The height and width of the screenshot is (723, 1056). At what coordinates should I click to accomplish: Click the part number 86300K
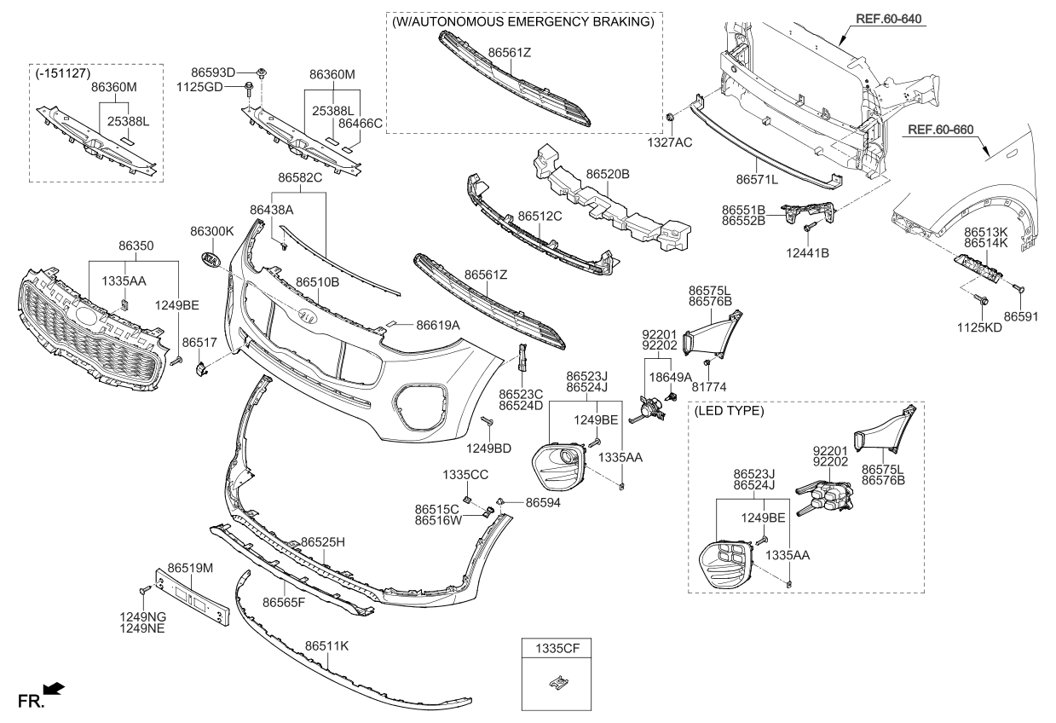(211, 231)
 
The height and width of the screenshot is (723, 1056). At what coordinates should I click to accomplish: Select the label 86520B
(607, 174)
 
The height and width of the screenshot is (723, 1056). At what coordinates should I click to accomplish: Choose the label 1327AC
(671, 142)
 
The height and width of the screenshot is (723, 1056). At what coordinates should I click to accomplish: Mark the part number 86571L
(757, 180)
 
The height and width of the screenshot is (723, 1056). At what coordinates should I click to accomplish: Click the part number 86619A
(438, 325)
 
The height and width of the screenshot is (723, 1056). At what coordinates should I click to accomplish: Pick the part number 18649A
(670, 376)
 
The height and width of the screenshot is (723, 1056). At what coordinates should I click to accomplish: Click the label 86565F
(283, 602)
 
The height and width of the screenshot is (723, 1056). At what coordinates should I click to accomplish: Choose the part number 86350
(136, 246)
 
